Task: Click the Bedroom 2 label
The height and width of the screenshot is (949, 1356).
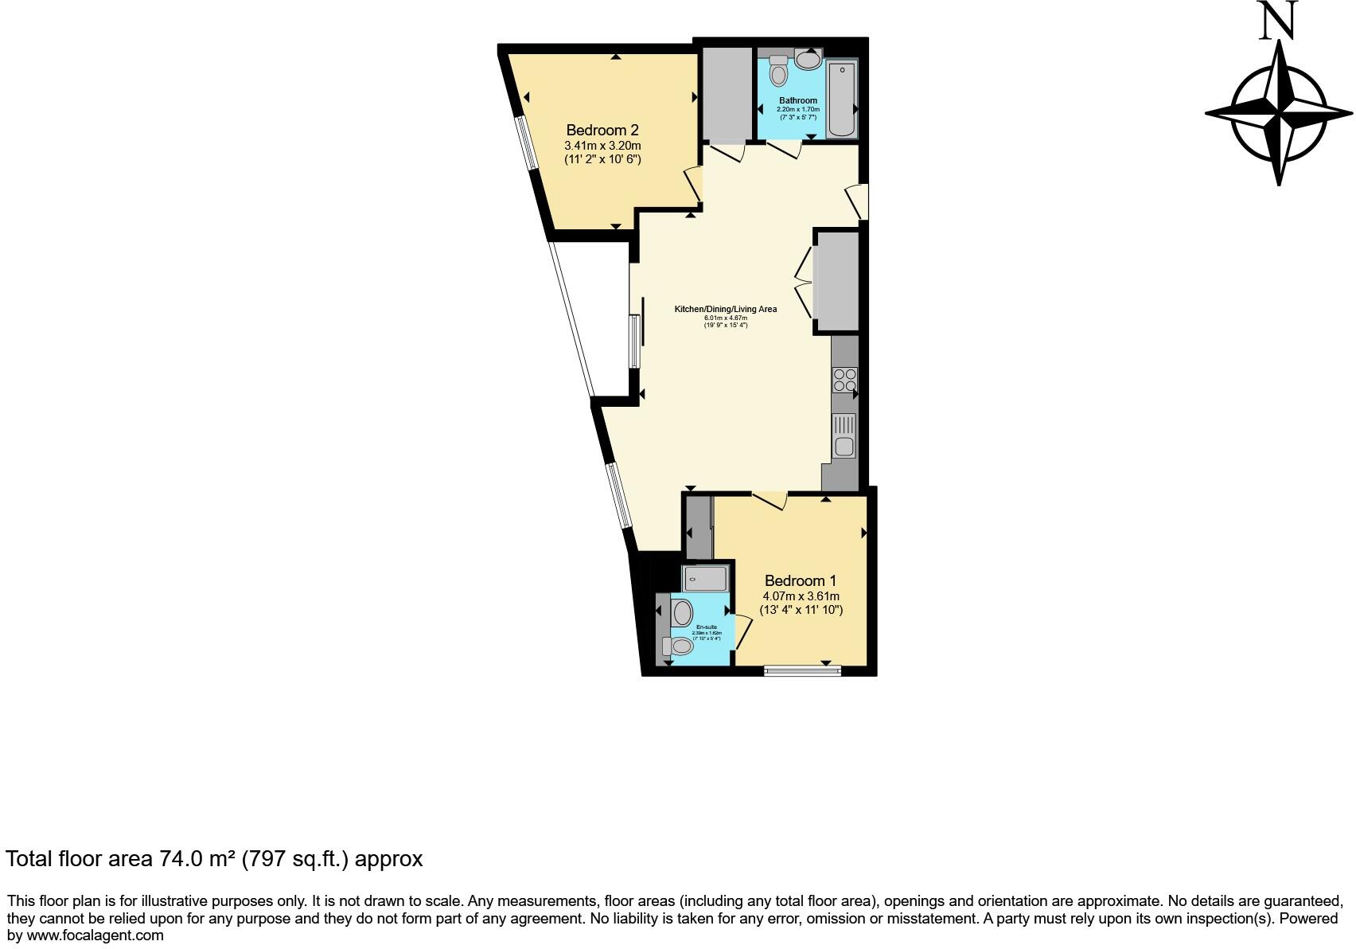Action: [x=602, y=130]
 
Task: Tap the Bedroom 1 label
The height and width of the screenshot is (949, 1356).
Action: [x=801, y=580]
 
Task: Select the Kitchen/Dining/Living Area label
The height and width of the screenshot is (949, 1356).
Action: [x=725, y=309]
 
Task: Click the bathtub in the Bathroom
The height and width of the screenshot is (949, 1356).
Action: [x=841, y=99]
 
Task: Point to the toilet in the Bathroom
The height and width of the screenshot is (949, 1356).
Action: [x=778, y=72]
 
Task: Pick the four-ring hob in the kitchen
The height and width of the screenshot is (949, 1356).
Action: [x=844, y=380]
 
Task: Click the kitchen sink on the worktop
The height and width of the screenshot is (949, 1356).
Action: [x=844, y=446]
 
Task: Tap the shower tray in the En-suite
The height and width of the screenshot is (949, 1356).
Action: [x=705, y=579]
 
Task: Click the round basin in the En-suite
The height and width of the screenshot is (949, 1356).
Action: [x=682, y=613]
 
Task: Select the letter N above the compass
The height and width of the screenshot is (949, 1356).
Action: [x=1278, y=21]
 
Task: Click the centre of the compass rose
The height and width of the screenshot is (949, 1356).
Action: [x=1279, y=112]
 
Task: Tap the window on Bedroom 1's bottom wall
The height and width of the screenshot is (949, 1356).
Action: [x=802, y=671]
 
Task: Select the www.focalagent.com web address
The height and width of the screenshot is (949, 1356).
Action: [x=95, y=935]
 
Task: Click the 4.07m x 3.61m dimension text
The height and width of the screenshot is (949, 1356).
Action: [x=801, y=596]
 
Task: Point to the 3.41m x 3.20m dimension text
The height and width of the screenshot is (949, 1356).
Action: [x=602, y=146]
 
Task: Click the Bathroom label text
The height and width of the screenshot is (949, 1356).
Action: [x=798, y=100]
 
